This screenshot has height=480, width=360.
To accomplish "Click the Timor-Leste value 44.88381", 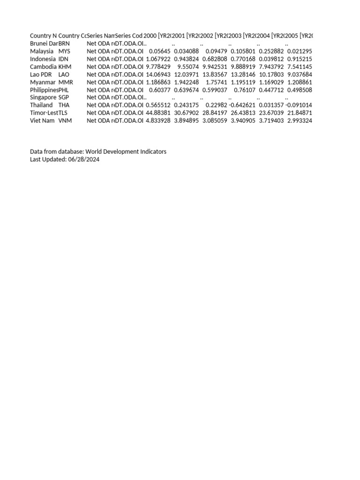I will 158,113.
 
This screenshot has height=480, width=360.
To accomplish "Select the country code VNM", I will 64,121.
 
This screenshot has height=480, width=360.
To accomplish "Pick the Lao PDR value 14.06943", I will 158,75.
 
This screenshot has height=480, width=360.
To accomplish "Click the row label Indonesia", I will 43,59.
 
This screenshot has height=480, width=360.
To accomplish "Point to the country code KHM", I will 65,67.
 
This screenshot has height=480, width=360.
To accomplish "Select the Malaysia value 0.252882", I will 271,52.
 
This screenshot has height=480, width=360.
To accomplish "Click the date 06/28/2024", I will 83,160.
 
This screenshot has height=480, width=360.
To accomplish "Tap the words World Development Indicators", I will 126,152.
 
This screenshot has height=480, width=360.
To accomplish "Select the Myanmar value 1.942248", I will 186,82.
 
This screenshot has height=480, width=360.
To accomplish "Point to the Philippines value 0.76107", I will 245,90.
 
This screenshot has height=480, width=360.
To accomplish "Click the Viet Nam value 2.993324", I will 299,121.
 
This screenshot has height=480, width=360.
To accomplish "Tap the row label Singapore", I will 43,97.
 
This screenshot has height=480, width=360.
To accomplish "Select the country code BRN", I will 64,44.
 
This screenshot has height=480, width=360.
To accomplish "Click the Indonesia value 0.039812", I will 271,59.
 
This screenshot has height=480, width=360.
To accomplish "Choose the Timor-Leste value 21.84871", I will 299,113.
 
